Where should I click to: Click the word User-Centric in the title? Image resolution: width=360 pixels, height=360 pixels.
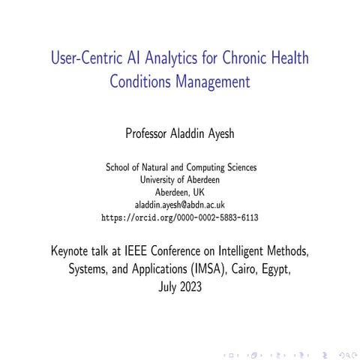83,58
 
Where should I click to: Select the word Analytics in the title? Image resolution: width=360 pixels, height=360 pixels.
174,58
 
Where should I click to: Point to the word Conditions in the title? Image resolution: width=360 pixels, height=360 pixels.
144,80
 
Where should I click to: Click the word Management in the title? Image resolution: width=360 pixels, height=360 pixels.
214,80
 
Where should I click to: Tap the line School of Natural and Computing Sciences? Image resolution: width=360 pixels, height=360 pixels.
179,169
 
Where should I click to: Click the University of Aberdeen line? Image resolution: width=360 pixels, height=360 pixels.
179,181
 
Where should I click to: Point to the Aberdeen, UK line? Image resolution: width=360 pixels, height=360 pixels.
179,193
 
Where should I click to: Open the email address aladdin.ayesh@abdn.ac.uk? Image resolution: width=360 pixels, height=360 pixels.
179,205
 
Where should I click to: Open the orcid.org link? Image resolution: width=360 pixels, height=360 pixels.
179,217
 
